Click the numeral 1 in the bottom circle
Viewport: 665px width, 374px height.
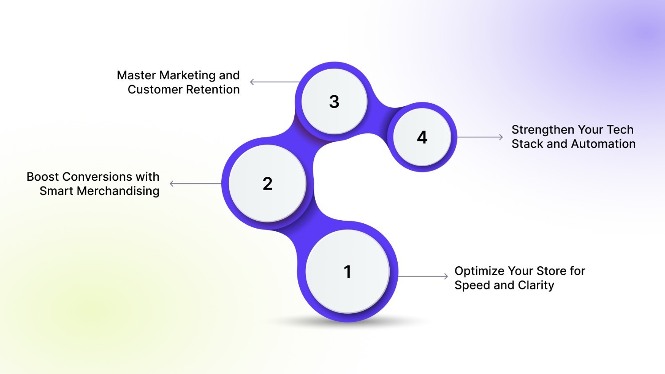point(348,272)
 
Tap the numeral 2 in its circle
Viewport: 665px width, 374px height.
point(267,183)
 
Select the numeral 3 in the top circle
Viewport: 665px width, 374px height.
point(334,101)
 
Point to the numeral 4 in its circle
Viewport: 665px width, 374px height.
point(422,137)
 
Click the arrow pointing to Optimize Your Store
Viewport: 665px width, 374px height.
point(423,277)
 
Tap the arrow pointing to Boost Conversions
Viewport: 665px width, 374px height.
point(195,183)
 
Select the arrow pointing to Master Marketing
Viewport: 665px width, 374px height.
point(275,82)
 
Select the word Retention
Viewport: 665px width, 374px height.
point(212,90)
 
